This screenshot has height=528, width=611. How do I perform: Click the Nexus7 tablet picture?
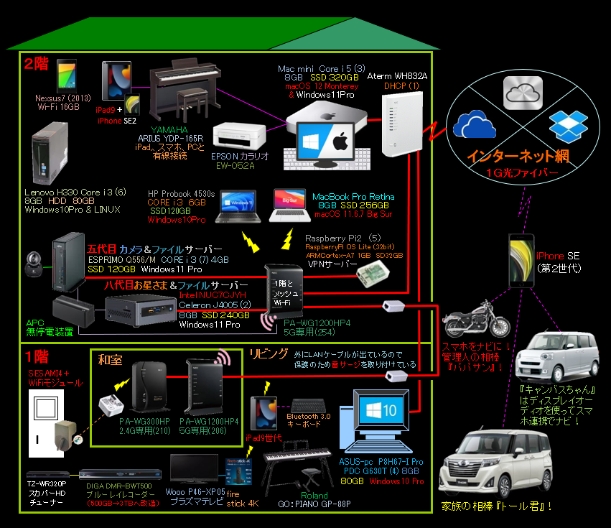point(67,75)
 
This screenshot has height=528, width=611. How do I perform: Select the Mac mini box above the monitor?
point(322,112)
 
